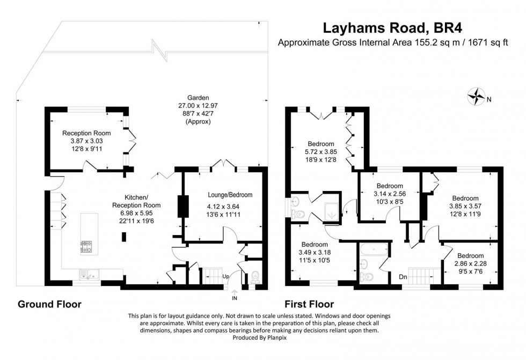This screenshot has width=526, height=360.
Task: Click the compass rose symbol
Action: coord(475,97)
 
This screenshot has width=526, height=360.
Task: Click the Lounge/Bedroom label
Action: coord(230,195)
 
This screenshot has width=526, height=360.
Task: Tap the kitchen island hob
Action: coord(86,246)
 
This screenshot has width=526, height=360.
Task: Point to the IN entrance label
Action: coord(234,297)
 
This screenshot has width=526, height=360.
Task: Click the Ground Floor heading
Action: coord(50,304)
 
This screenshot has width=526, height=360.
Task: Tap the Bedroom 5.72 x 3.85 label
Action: coord(321,152)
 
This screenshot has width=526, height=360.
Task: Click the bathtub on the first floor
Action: coord(372,249)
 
